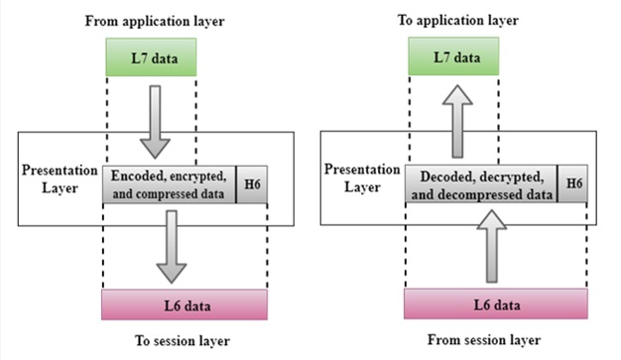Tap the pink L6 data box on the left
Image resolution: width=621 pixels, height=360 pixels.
click(x=184, y=301)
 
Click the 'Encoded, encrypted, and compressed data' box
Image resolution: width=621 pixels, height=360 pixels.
click(x=170, y=184)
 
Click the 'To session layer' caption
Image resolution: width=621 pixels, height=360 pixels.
click(x=184, y=341)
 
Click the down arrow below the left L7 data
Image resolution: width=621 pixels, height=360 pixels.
click(x=154, y=121)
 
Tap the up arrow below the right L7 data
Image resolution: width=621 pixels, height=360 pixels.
click(x=455, y=121)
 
